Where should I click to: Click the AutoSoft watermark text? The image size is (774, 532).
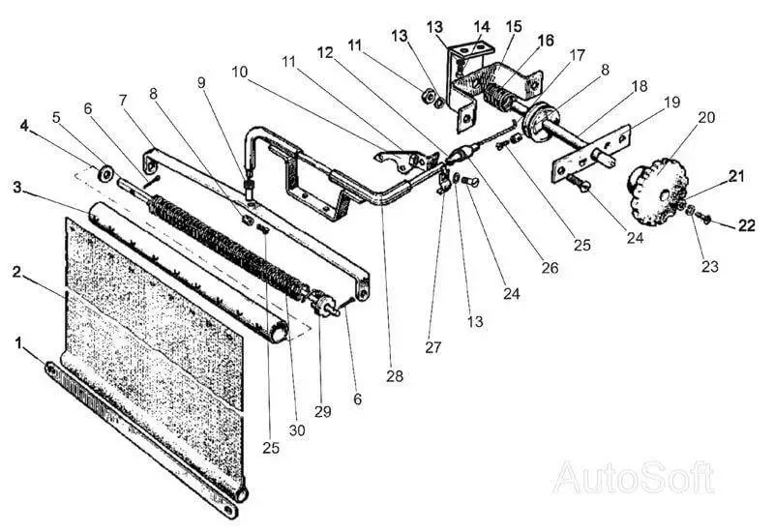(634, 477)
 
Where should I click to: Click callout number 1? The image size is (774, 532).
(19, 342)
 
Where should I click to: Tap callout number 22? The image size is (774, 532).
(747, 225)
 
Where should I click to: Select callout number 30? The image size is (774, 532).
(297, 430)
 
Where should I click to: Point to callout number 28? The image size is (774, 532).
(395, 376)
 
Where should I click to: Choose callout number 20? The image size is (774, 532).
(706, 117)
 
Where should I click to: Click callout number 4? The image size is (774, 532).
(24, 126)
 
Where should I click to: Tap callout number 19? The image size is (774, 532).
(672, 103)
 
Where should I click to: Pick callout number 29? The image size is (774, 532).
(323, 412)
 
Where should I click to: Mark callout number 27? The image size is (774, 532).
(432, 347)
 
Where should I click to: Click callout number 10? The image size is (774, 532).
(239, 72)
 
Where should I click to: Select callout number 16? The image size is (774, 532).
(546, 41)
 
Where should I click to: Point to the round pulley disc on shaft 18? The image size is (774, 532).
(541, 121)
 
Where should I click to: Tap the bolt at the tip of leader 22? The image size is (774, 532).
(705, 219)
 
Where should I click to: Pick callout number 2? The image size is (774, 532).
(16, 272)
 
